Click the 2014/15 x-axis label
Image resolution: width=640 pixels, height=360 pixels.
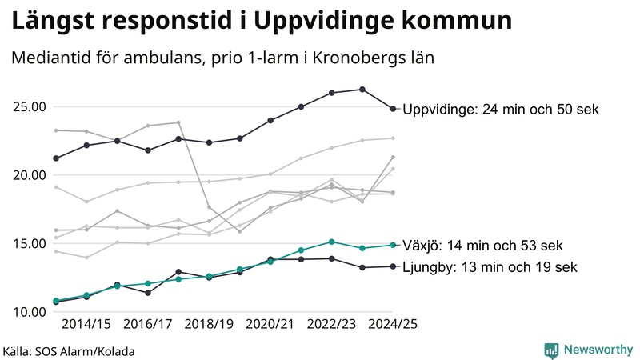click(86, 324)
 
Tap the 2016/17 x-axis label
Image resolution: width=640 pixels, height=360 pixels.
click(147, 324)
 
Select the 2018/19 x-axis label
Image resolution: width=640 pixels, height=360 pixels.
click(209, 324)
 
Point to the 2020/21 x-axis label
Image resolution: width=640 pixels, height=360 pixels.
click(270, 324)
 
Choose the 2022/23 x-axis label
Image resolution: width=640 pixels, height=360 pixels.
click(331, 324)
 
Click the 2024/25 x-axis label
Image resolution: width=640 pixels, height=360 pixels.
click(392, 324)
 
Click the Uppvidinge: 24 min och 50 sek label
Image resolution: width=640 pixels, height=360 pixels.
click(500, 109)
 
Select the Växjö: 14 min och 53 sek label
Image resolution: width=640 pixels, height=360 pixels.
click(483, 245)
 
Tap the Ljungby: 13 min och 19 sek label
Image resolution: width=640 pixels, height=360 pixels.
click(489, 266)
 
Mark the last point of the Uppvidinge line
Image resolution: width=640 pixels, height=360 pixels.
click(393, 109)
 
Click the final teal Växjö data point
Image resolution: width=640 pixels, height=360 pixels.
click(393, 245)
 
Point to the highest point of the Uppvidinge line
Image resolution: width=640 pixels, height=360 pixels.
click(362, 90)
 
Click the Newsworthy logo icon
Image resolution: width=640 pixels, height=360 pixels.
click(551, 350)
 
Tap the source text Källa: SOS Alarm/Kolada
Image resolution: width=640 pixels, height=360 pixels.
click(68, 351)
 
